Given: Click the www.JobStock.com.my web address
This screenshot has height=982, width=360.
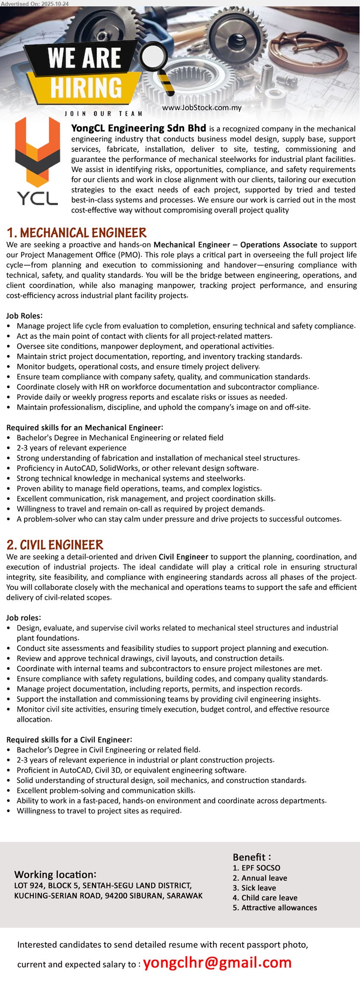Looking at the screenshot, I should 202,108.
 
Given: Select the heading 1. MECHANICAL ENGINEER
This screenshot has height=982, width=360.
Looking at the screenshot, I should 77,233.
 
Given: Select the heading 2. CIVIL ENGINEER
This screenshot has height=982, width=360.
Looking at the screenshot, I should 55,545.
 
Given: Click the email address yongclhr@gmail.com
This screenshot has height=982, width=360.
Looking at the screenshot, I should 217,962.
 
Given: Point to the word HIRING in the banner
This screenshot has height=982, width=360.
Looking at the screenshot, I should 86,88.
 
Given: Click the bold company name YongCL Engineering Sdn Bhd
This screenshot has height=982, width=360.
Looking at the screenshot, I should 138,128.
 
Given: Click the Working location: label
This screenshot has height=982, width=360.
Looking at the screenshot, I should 55,874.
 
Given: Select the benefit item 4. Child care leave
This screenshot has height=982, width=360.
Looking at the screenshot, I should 265,897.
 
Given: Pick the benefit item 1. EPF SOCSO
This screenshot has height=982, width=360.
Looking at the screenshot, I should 256,868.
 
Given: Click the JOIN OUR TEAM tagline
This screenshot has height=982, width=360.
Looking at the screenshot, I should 104,114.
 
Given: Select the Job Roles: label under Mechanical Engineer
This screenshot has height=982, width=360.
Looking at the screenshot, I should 24,316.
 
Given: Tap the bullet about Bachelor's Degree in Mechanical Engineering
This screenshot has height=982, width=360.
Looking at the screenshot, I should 120,438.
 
